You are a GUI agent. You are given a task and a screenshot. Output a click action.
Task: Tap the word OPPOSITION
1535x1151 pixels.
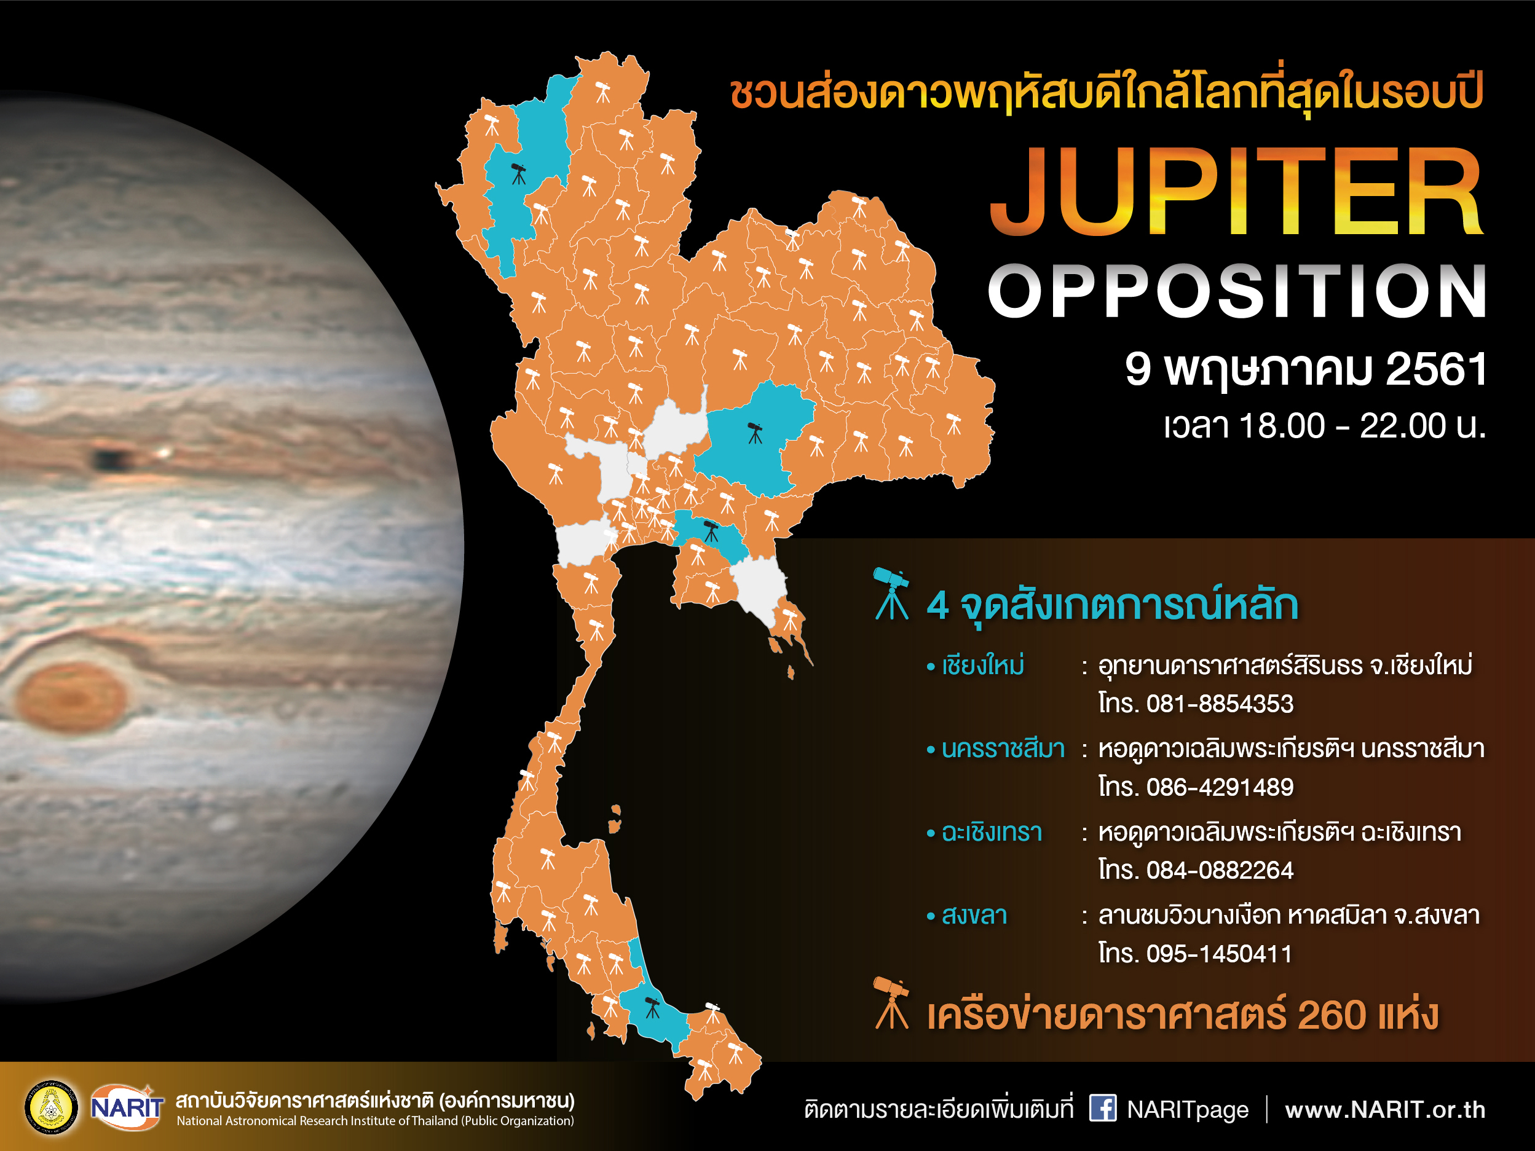1237,292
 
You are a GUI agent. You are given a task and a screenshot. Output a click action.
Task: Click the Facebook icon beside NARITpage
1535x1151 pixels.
1103,1107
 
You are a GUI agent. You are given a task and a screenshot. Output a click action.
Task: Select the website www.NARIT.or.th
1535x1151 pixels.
1385,1109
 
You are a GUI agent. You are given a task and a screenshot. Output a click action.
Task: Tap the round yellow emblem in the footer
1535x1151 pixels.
52,1107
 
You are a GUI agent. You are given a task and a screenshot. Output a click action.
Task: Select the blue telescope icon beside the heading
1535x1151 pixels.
892,594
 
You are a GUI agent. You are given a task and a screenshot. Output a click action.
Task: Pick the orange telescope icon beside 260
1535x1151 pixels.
892,1004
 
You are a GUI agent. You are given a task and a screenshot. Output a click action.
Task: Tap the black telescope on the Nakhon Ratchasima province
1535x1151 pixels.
755,433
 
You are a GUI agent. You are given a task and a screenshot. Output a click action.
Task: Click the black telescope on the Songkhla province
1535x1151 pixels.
652,1007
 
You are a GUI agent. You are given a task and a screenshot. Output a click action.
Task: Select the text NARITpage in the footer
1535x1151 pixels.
1187,1110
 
